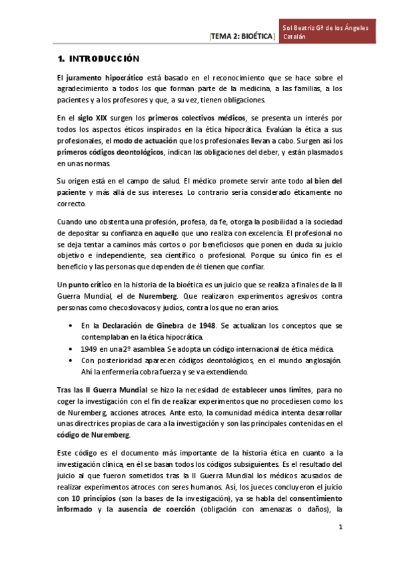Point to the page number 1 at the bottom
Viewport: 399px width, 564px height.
(340, 527)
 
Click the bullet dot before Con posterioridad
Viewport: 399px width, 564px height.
(71, 360)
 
